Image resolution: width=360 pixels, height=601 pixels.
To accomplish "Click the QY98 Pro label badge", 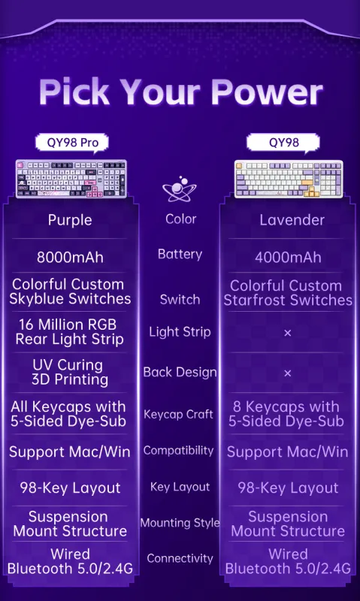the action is (x=72, y=143).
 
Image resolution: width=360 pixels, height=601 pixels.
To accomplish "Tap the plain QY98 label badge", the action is (x=283, y=143).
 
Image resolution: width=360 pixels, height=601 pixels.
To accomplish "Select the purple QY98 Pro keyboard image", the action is (x=71, y=179).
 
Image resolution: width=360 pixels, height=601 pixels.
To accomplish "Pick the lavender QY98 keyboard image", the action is (x=289, y=179).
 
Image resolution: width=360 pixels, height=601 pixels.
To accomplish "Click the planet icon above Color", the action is (x=180, y=190).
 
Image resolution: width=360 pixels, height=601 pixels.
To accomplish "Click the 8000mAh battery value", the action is (x=70, y=257).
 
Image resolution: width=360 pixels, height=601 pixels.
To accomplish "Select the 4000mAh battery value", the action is (x=288, y=257).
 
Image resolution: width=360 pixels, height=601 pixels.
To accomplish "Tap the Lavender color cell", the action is (x=292, y=220).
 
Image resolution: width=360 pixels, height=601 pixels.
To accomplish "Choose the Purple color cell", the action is (x=70, y=220).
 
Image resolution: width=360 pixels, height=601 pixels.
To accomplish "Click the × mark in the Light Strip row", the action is (x=288, y=333).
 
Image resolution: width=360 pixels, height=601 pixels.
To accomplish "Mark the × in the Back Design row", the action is (x=288, y=373).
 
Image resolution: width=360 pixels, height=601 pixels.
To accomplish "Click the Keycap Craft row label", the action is (x=178, y=415).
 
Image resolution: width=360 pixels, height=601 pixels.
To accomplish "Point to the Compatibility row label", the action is (x=178, y=450).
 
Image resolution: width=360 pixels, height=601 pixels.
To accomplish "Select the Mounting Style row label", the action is (x=180, y=523).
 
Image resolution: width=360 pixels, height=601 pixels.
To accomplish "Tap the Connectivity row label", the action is (x=180, y=558).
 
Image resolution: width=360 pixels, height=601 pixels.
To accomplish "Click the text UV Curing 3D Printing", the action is (x=70, y=372).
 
